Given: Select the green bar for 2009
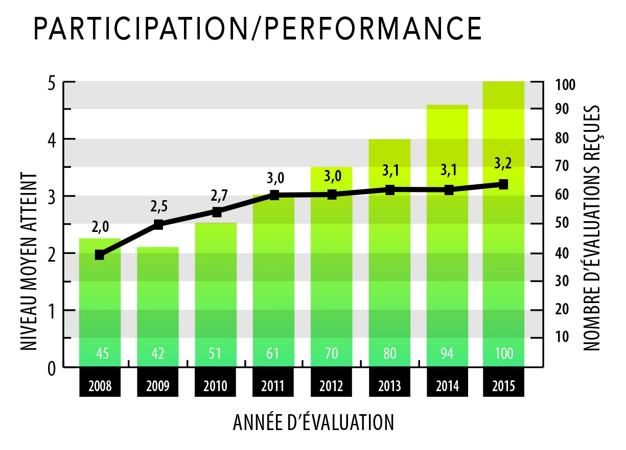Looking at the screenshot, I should coord(158,307).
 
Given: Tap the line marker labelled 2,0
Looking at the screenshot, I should coord(100,255).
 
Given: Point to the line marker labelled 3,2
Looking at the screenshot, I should coord(503,184).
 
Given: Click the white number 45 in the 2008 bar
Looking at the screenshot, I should coord(100,353).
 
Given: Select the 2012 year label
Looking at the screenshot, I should coord(332,385).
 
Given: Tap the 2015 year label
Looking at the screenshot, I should coord(503,385).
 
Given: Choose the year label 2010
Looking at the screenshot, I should coord(216,385).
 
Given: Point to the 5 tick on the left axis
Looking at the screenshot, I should coord(51,82).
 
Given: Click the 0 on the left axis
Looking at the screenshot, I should coord(51,368).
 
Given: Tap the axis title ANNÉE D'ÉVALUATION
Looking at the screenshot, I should coord(313,423).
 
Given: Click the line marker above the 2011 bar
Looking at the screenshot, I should coord(274,195).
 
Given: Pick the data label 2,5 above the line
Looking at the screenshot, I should coord(159,207).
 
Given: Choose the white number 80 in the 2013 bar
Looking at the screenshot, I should coord(389,353).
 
